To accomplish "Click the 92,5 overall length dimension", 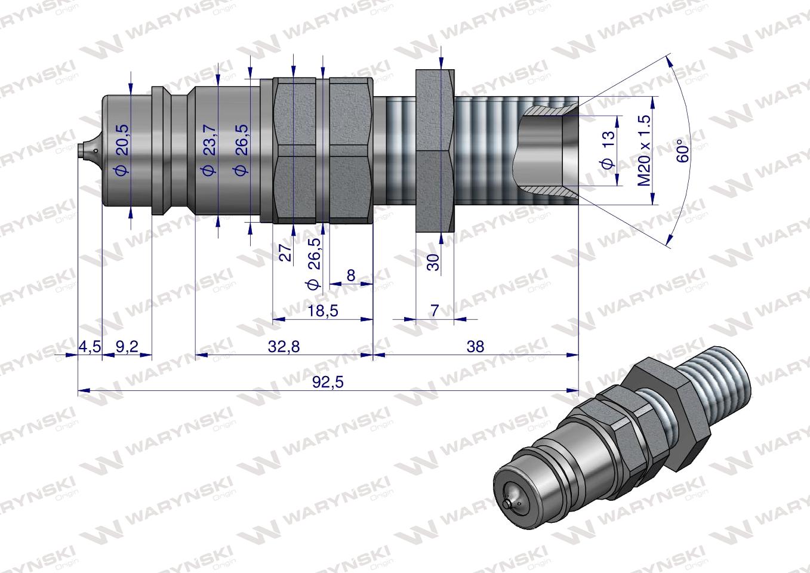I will pos(328,382).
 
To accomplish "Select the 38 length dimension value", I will pos(476,346).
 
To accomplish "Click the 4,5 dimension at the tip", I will pos(90,346).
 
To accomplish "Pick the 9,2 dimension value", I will pos(127,346).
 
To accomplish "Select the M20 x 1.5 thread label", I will pos(644,150).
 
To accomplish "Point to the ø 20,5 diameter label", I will pos(120,154).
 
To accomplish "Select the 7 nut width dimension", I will pos(434,310).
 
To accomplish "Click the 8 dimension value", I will pos(351,275).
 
